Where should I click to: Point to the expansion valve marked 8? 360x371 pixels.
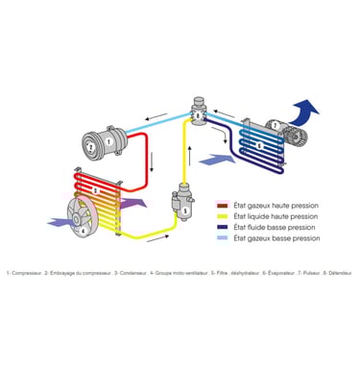point(199,113)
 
